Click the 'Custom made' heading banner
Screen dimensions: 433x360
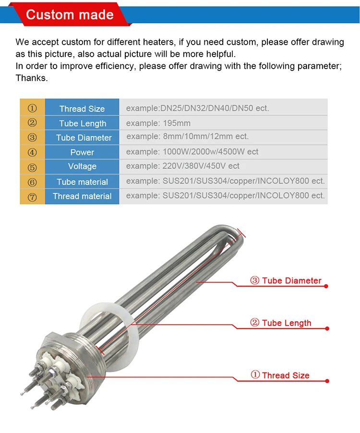70,14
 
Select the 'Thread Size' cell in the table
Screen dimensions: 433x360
82,108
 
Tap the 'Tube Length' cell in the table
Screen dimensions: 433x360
83,123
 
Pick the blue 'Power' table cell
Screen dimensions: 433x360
82,152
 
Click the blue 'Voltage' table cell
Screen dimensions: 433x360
82,167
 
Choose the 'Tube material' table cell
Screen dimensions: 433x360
82,182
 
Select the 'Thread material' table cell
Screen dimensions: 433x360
82,196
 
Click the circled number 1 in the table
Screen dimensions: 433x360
32,108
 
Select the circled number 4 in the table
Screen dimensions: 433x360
32,153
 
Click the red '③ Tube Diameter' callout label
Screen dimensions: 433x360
286,281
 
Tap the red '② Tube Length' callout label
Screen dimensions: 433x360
281,323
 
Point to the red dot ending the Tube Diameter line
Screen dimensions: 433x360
326,287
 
